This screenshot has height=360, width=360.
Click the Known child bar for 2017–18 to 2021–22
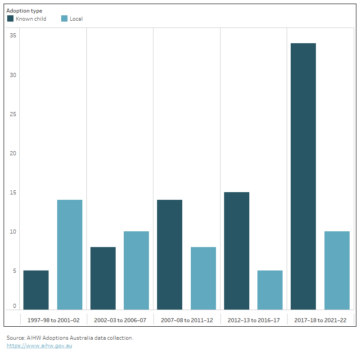tap(303, 176)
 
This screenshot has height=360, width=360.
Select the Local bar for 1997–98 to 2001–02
tap(70, 255)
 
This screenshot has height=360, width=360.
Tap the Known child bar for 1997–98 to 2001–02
tap(36, 290)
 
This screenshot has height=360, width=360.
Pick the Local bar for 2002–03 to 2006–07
tap(136, 270)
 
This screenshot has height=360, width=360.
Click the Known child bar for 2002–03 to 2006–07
tap(103, 278)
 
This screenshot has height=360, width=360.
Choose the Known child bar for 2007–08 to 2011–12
tap(170, 255)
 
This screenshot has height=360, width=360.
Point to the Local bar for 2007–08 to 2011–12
tap(203, 278)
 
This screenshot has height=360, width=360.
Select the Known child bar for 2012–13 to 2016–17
tap(237, 251)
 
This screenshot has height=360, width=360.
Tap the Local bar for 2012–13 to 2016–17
tap(270, 290)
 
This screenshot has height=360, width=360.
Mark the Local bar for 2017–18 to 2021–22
tap(337, 270)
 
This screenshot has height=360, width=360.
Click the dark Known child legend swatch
tap(10, 18)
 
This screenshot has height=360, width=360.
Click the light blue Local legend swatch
tap(64, 18)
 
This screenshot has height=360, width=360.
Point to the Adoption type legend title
tap(24, 11)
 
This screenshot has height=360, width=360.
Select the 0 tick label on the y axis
tap(14, 306)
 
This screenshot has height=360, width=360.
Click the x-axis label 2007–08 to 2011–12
tap(187, 320)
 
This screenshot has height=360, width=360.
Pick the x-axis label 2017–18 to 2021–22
tap(320, 320)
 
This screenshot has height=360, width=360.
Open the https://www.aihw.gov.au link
tap(39, 346)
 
